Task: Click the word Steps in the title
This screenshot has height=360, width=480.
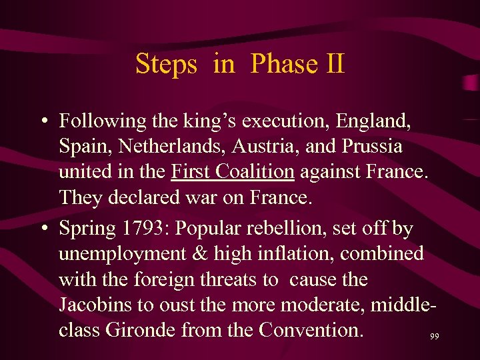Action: pyautogui.click(x=166, y=65)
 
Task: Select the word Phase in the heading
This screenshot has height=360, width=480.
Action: pyautogui.click(x=283, y=65)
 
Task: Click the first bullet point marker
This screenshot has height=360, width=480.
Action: pyautogui.click(x=42, y=122)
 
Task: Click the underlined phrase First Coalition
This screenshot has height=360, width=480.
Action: pyautogui.click(x=233, y=171)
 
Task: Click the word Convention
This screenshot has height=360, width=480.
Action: pyautogui.click(x=311, y=329)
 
